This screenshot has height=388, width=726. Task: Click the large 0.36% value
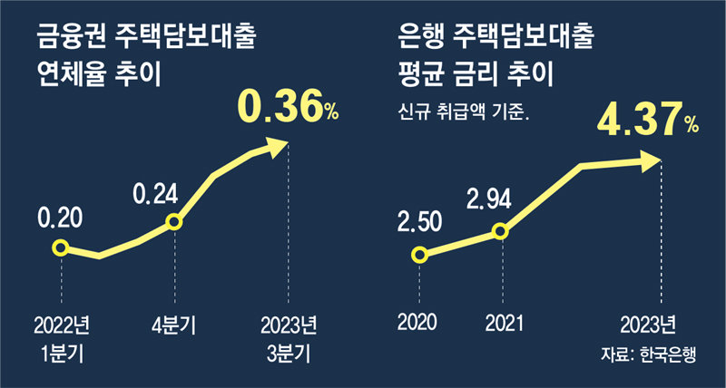click(287, 107)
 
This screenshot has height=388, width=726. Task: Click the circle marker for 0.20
click(61, 247)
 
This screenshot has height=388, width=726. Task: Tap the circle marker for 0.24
click(173, 222)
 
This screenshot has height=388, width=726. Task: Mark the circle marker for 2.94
click(500, 231)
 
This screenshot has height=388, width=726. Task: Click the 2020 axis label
click(417, 321)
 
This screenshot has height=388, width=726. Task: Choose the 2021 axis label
click(500, 321)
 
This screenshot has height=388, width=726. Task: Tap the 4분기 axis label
click(173, 322)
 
